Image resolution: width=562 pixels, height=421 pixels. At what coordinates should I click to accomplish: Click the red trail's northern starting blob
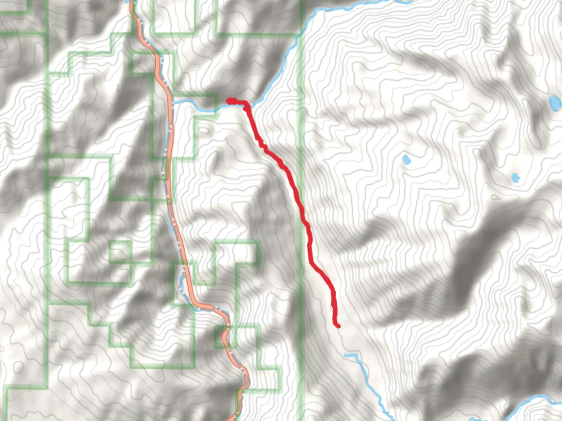click(231, 101)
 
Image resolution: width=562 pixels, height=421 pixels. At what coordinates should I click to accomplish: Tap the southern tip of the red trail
click(338, 325)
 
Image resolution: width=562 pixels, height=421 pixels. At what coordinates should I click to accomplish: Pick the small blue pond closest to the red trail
click(406, 159)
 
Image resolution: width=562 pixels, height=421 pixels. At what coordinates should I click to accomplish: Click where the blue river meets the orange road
click(172, 102)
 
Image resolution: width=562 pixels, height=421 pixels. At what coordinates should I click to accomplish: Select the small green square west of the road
click(120, 251)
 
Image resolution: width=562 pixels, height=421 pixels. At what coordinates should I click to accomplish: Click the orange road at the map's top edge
click(133, 3)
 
